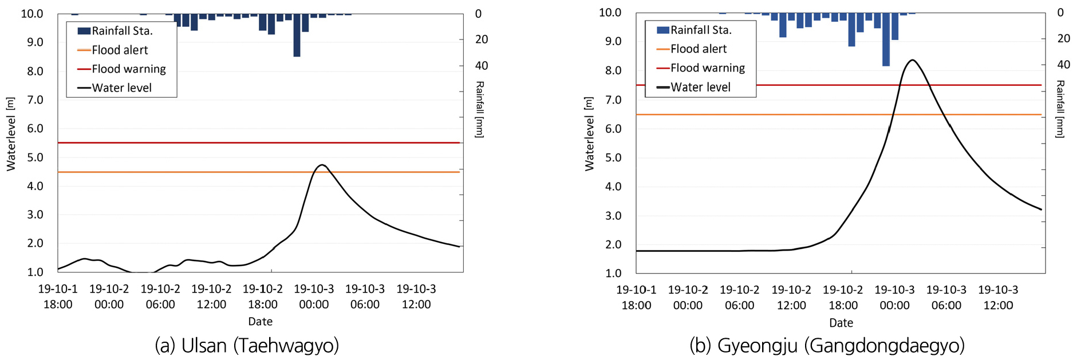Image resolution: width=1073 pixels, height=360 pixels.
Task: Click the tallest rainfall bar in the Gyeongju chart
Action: click(886, 40)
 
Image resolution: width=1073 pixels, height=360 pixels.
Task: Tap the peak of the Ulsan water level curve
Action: click(322, 165)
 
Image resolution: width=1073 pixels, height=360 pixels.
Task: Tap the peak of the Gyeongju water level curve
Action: click(912, 60)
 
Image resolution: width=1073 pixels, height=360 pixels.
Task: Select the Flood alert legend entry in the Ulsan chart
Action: click(120, 50)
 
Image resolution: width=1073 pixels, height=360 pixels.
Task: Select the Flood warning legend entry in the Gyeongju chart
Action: click(707, 68)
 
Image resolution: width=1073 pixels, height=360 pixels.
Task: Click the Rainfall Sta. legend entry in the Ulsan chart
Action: click(121, 31)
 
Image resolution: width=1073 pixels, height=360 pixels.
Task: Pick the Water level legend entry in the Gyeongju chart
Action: click(700, 88)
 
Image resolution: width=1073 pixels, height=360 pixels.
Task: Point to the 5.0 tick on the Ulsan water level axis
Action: click(32, 157)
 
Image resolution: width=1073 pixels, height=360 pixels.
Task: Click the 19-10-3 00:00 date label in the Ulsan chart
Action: click(314, 296)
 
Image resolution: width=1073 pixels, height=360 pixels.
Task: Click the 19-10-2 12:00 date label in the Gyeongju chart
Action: click(791, 298)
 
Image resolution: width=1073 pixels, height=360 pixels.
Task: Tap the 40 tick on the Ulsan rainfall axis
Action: click(482, 65)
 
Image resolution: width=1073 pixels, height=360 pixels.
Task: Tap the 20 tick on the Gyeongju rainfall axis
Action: click(1063, 38)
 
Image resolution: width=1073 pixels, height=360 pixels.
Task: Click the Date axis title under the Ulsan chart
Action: click(260, 322)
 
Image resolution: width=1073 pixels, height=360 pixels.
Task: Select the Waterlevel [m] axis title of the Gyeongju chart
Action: click(589, 133)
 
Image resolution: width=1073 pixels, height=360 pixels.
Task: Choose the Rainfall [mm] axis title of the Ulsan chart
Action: click(480, 109)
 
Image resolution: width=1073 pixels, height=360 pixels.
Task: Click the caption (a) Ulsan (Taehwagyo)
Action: click(247, 346)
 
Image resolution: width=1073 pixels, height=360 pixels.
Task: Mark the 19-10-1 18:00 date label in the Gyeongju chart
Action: click(636, 298)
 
